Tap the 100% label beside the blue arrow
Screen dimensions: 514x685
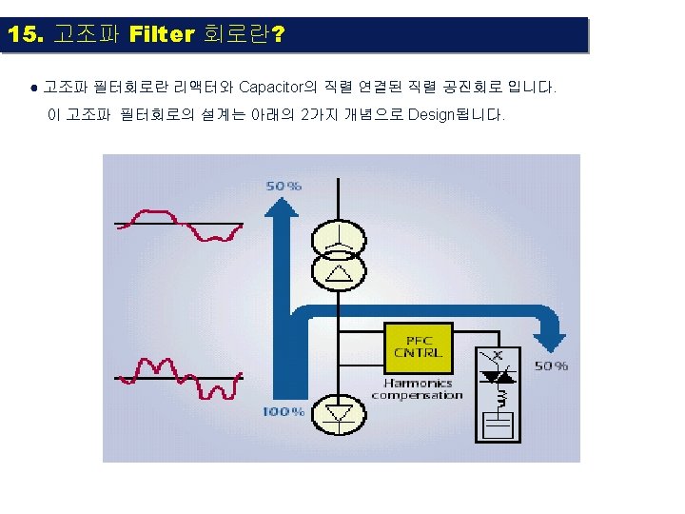(x=284, y=412)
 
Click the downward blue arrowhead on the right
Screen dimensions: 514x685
(x=549, y=337)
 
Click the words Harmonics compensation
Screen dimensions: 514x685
(x=417, y=388)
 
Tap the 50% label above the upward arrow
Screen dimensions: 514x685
(x=284, y=186)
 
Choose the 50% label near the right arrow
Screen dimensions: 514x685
(x=551, y=366)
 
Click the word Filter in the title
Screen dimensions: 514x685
(x=161, y=35)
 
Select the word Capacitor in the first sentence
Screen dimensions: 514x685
(x=270, y=88)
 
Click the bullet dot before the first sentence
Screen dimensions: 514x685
(x=33, y=89)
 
